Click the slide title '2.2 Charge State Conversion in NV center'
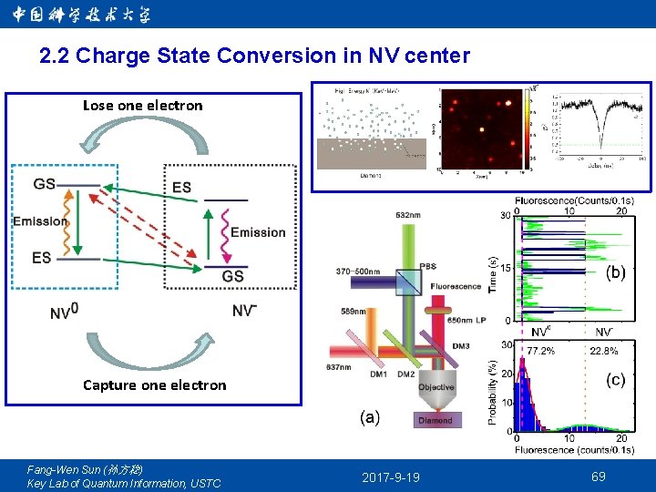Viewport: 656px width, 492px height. (x=255, y=56)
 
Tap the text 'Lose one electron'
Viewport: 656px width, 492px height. (x=143, y=106)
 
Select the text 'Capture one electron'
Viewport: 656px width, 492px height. (x=155, y=384)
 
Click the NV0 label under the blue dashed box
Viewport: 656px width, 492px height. (x=64, y=313)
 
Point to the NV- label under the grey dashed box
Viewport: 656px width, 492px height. (x=244, y=311)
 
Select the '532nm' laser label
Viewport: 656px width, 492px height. (x=408, y=215)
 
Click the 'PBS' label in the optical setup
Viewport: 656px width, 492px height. (x=427, y=266)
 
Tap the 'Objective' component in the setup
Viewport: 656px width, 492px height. (x=436, y=387)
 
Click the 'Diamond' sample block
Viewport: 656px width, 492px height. (x=435, y=420)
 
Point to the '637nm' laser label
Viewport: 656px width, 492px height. (x=337, y=367)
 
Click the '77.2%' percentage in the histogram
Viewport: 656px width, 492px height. (x=540, y=350)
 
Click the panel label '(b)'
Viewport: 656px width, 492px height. (x=616, y=272)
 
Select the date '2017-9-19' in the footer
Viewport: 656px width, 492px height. (x=391, y=477)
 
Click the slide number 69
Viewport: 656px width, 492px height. (x=598, y=477)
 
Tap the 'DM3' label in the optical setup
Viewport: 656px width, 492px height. (x=461, y=346)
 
